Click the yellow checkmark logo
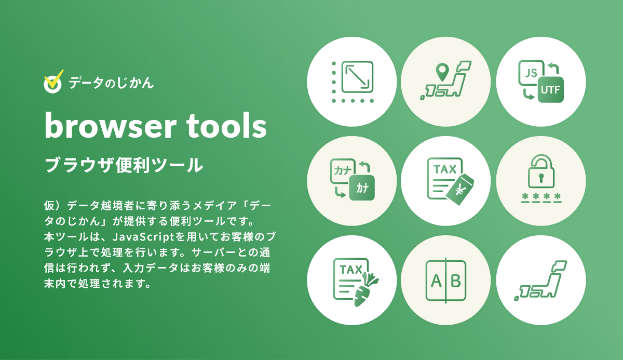coord(53,82)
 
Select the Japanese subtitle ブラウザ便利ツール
coord(124,165)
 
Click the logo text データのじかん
coord(111,82)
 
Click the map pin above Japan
coord(442,72)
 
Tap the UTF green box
coord(550,89)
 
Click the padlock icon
coord(540,174)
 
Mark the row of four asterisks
coord(540,198)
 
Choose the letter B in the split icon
coord(455,281)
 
